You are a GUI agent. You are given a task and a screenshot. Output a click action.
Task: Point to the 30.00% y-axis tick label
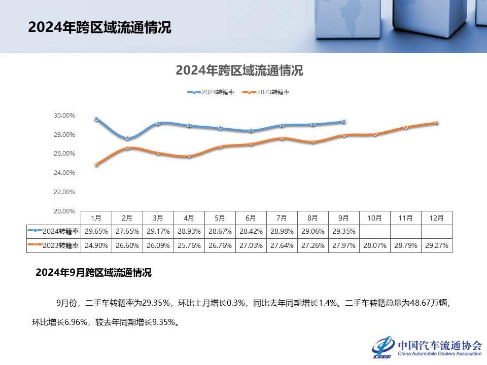pyautogui.click(x=64, y=116)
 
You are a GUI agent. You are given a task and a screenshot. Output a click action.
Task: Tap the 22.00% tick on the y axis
pyautogui.click(x=64, y=192)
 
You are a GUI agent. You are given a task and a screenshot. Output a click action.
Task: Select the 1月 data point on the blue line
pyautogui.click(x=96, y=119)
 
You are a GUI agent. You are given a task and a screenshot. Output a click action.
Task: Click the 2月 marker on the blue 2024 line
pyautogui.click(x=127, y=138)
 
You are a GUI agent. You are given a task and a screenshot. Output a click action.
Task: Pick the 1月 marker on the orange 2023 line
pyautogui.click(x=96, y=164)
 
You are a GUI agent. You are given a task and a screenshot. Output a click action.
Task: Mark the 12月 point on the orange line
pyautogui.click(x=437, y=123)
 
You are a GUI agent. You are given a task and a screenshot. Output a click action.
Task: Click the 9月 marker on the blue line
pyautogui.click(x=344, y=122)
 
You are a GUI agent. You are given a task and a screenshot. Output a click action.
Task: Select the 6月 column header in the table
pyautogui.click(x=251, y=218)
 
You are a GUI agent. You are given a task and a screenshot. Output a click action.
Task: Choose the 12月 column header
pyautogui.click(x=437, y=218)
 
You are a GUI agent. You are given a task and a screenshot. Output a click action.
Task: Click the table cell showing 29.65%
pyautogui.click(x=96, y=231)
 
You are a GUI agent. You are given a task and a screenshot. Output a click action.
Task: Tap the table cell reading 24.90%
pyautogui.click(x=96, y=245)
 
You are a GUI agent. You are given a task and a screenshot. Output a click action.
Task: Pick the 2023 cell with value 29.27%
pyautogui.click(x=437, y=245)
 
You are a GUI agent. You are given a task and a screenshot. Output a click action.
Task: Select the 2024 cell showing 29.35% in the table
pyautogui.click(x=344, y=231)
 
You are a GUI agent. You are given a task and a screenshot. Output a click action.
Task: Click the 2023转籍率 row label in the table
pyautogui.click(x=54, y=245)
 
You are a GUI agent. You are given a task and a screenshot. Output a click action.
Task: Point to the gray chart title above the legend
pyautogui.click(x=239, y=70)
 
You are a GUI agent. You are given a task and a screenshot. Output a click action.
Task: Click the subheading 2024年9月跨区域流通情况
pyautogui.click(x=93, y=273)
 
